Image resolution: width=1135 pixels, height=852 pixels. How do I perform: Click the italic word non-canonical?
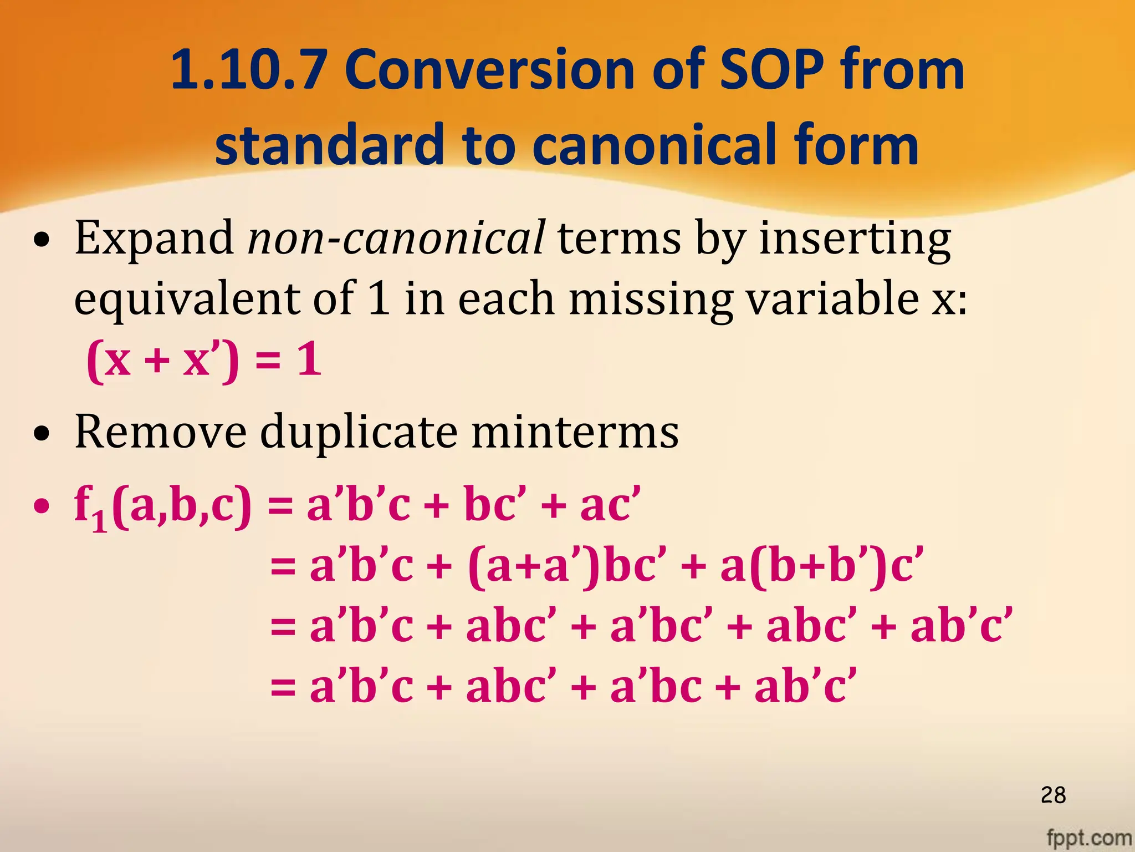pos(396,239)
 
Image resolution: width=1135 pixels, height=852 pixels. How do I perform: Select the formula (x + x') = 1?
pos(204,359)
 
